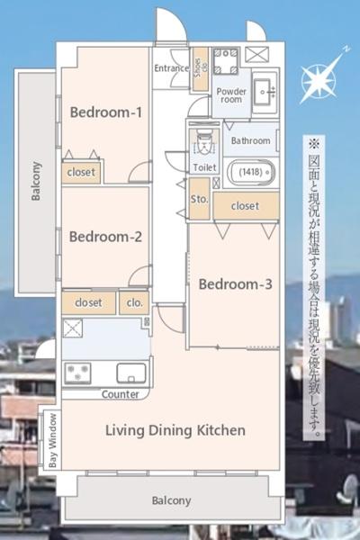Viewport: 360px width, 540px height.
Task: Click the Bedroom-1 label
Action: tap(106, 112)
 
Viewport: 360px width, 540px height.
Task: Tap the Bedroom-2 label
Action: tap(105, 237)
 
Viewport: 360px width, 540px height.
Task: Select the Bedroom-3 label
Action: tap(235, 284)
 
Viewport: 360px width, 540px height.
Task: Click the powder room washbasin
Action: tap(265, 93)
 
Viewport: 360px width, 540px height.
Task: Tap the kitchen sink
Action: tap(131, 373)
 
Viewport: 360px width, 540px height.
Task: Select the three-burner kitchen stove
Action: tap(78, 373)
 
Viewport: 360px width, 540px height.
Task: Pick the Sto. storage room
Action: tap(200, 199)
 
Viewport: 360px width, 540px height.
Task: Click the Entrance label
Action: tap(171, 68)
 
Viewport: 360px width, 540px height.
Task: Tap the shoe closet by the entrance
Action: tap(200, 69)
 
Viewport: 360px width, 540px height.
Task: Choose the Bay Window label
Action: tap(52, 440)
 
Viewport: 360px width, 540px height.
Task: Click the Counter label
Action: tap(121, 394)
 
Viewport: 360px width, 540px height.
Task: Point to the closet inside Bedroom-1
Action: tap(81, 172)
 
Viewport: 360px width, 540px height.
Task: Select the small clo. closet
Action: tap(134, 303)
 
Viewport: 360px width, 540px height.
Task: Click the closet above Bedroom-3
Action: tap(246, 206)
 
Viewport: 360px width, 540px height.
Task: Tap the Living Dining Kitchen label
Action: tap(175, 430)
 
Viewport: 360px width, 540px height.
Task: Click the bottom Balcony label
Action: tap(172, 500)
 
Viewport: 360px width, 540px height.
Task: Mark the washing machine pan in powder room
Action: tap(226, 61)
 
